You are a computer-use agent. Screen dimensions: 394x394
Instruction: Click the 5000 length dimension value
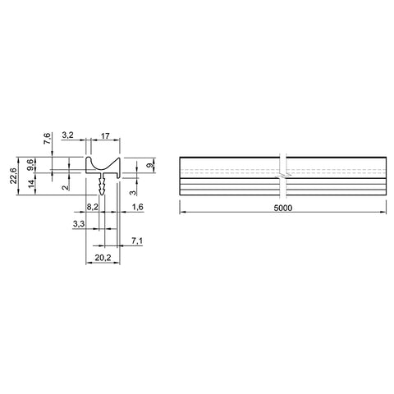tap(283, 208)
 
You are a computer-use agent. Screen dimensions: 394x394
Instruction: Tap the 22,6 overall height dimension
tap(13, 176)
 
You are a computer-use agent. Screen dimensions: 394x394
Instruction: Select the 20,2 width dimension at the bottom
tap(103, 258)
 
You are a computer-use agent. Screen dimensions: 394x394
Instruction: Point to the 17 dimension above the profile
tap(105, 135)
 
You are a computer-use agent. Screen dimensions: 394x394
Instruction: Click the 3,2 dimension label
tap(68, 135)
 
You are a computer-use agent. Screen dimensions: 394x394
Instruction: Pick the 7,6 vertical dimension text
tap(47, 138)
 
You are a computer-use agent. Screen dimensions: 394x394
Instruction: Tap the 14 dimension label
tap(32, 184)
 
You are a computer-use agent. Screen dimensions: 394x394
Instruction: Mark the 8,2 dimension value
tap(92, 207)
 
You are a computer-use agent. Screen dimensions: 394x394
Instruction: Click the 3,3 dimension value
tap(79, 224)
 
